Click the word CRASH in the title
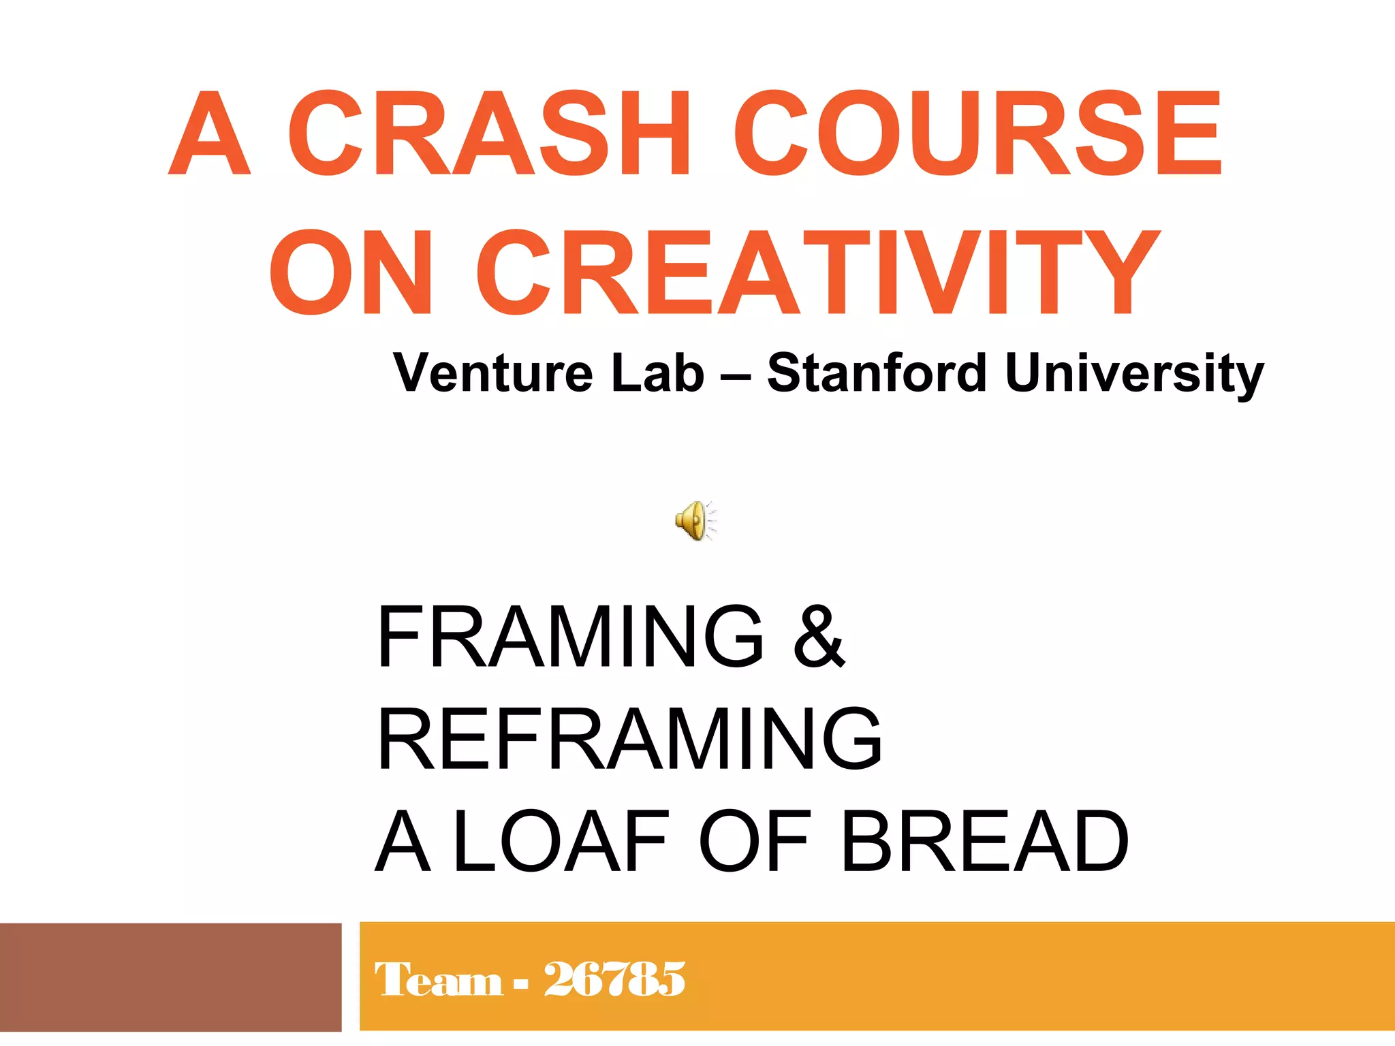pyautogui.click(x=488, y=133)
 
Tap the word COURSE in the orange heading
pyautogui.click(x=977, y=133)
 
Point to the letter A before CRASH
pyautogui.click(x=210, y=133)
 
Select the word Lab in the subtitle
pyautogui.click(x=657, y=373)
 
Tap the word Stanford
pyautogui.click(x=877, y=373)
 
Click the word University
pyautogui.click(x=1134, y=373)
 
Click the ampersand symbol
pyautogui.click(x=819, y=636)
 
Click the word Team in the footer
pyautogui.click(x=439, y=980)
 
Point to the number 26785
pyautogui.click(x=614, y=980)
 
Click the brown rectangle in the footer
pyautogui.click(x=170, y=977)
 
